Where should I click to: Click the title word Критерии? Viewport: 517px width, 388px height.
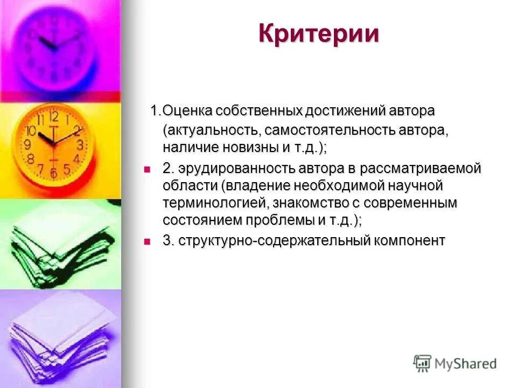319,34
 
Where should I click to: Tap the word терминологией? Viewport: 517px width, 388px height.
216,203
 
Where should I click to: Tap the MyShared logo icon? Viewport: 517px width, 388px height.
423,363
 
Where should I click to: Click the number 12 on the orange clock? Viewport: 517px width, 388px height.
53,115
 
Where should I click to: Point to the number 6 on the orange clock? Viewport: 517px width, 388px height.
53,173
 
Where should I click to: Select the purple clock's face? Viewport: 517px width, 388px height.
54,44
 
